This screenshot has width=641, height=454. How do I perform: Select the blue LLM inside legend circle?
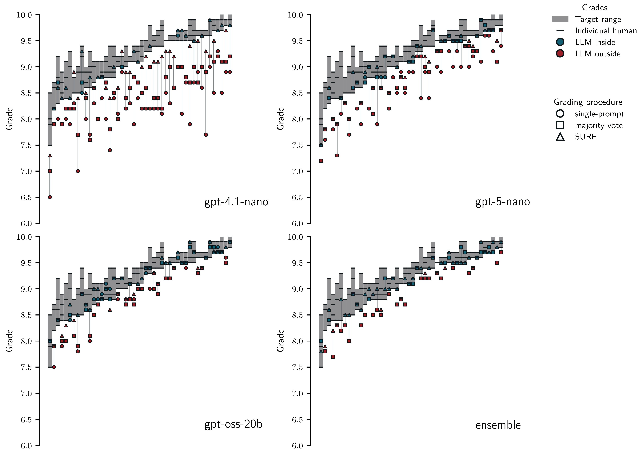point(560,42)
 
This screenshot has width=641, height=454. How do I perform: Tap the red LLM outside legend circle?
point(560,53)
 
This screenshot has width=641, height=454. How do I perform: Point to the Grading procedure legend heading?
point(588,102)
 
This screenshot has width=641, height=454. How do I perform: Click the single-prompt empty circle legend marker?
point(560,114)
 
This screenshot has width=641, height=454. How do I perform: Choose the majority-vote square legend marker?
point(560,125)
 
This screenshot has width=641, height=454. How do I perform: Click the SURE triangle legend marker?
point(560,137)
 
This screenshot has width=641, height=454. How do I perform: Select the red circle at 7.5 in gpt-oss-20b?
point(54,367)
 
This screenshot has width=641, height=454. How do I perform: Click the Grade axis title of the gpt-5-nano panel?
point(280,119)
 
